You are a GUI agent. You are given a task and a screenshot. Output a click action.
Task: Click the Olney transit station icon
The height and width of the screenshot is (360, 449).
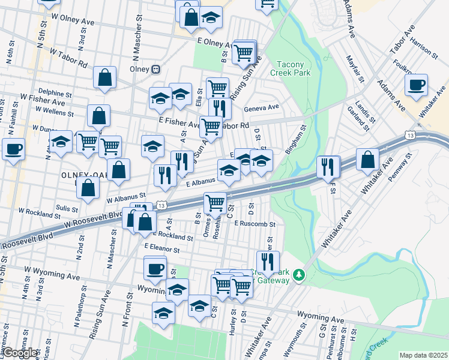(x=156, y=69)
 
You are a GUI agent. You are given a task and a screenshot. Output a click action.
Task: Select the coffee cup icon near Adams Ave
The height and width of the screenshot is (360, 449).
(x=416, y=85)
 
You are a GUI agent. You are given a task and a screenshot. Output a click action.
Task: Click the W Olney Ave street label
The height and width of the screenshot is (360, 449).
(x=73, y=17)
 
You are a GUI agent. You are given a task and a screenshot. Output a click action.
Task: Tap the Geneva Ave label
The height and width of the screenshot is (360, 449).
(x=262, y=107)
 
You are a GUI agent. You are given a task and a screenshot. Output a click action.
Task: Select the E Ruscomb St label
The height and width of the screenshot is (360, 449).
(x=255, y=223)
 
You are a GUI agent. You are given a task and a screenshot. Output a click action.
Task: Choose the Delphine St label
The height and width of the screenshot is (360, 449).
(x=55, y=94)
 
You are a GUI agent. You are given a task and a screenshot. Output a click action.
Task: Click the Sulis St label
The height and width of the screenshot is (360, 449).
(x=66, y=207)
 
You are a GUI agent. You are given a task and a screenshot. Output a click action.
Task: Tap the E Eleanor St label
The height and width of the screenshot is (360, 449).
(x=162, y=247)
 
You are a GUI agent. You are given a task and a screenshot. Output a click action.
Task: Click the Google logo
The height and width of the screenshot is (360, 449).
(x=20, y=353)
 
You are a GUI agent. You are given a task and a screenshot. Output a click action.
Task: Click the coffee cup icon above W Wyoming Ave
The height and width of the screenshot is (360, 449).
(x=155, y=268)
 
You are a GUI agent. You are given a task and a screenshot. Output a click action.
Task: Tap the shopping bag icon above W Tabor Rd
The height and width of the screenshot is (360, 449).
(x=104, y=77)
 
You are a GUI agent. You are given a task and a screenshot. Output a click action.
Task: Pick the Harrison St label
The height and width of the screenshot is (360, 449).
(x=424, y=50)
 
